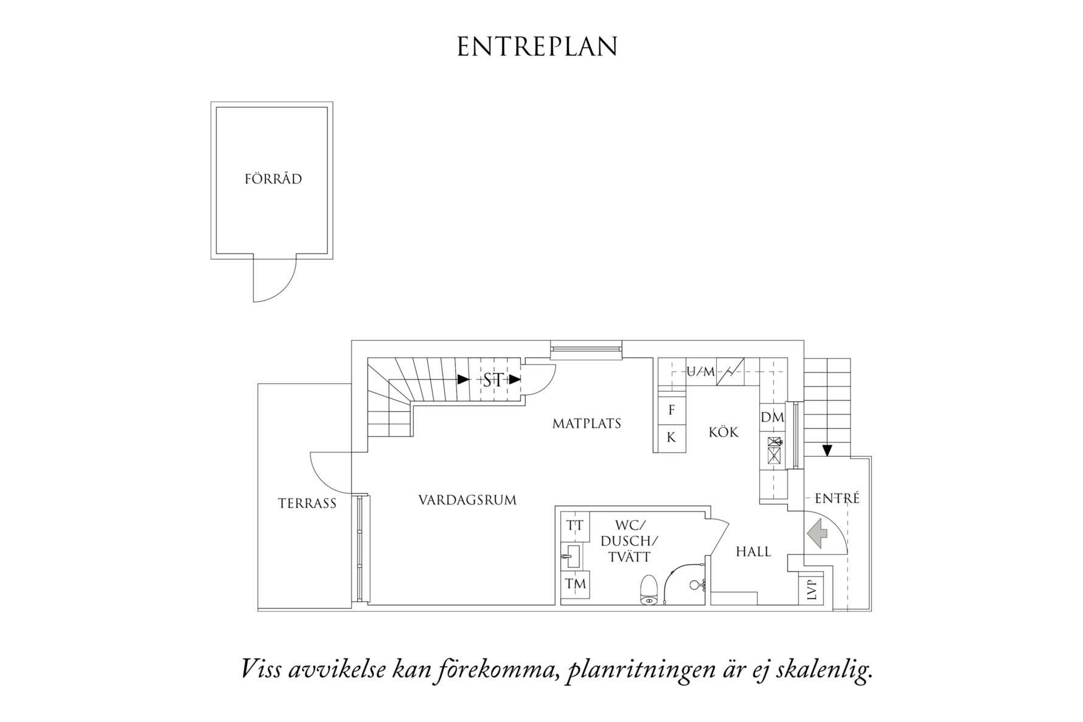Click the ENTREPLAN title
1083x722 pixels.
coord(537,47)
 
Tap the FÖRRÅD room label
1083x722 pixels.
coord(273,179)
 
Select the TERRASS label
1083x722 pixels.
coord(307,504)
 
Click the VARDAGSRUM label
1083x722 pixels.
coord(467,501)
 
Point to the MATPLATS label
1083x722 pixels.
coord(587,423)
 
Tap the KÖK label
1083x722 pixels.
coord(723,432)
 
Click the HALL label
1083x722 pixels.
coord(753,552)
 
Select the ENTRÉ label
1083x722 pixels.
coord(837,499)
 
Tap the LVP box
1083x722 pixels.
coord(811,589)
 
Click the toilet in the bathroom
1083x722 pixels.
coord(649,591)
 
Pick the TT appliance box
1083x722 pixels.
coord(575,526)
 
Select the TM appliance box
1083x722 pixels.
coord(575,585)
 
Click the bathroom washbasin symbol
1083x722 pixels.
coord(572,555)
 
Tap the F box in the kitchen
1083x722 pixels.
coord(672,411)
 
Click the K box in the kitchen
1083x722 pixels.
coord(672,438)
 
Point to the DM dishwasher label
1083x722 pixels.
coord(773,418)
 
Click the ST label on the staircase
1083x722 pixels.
coord(493,381)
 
